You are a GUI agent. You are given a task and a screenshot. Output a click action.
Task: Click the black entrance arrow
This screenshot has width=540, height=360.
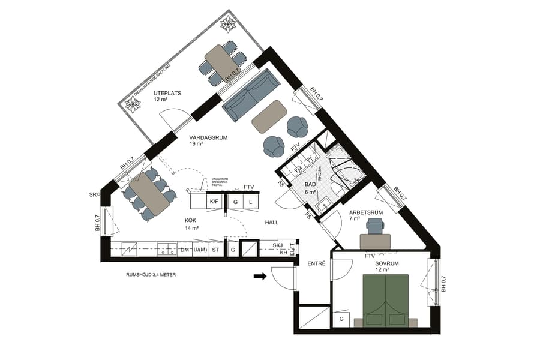260,277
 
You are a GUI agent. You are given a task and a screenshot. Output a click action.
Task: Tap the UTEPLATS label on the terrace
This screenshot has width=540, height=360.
167,93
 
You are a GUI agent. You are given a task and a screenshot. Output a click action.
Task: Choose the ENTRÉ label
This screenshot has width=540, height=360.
317,263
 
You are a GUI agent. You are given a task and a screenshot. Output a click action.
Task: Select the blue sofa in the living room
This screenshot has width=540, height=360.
250,94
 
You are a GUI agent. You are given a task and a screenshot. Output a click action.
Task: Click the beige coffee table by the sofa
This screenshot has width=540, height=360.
269,116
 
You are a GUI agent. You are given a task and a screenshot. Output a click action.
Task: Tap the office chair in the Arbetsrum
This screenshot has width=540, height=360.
374,226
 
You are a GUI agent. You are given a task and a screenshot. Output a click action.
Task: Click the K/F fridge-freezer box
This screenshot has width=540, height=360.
214,202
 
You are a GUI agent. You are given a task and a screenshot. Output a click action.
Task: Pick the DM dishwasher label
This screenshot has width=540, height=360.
185,250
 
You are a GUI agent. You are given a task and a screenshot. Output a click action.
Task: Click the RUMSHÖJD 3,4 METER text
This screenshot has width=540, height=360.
147,274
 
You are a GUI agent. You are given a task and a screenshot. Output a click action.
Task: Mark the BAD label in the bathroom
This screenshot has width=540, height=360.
310,184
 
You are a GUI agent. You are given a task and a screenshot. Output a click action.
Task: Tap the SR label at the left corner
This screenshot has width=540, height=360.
92,195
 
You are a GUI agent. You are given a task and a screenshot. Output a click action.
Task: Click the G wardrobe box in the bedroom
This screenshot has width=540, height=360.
341,319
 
